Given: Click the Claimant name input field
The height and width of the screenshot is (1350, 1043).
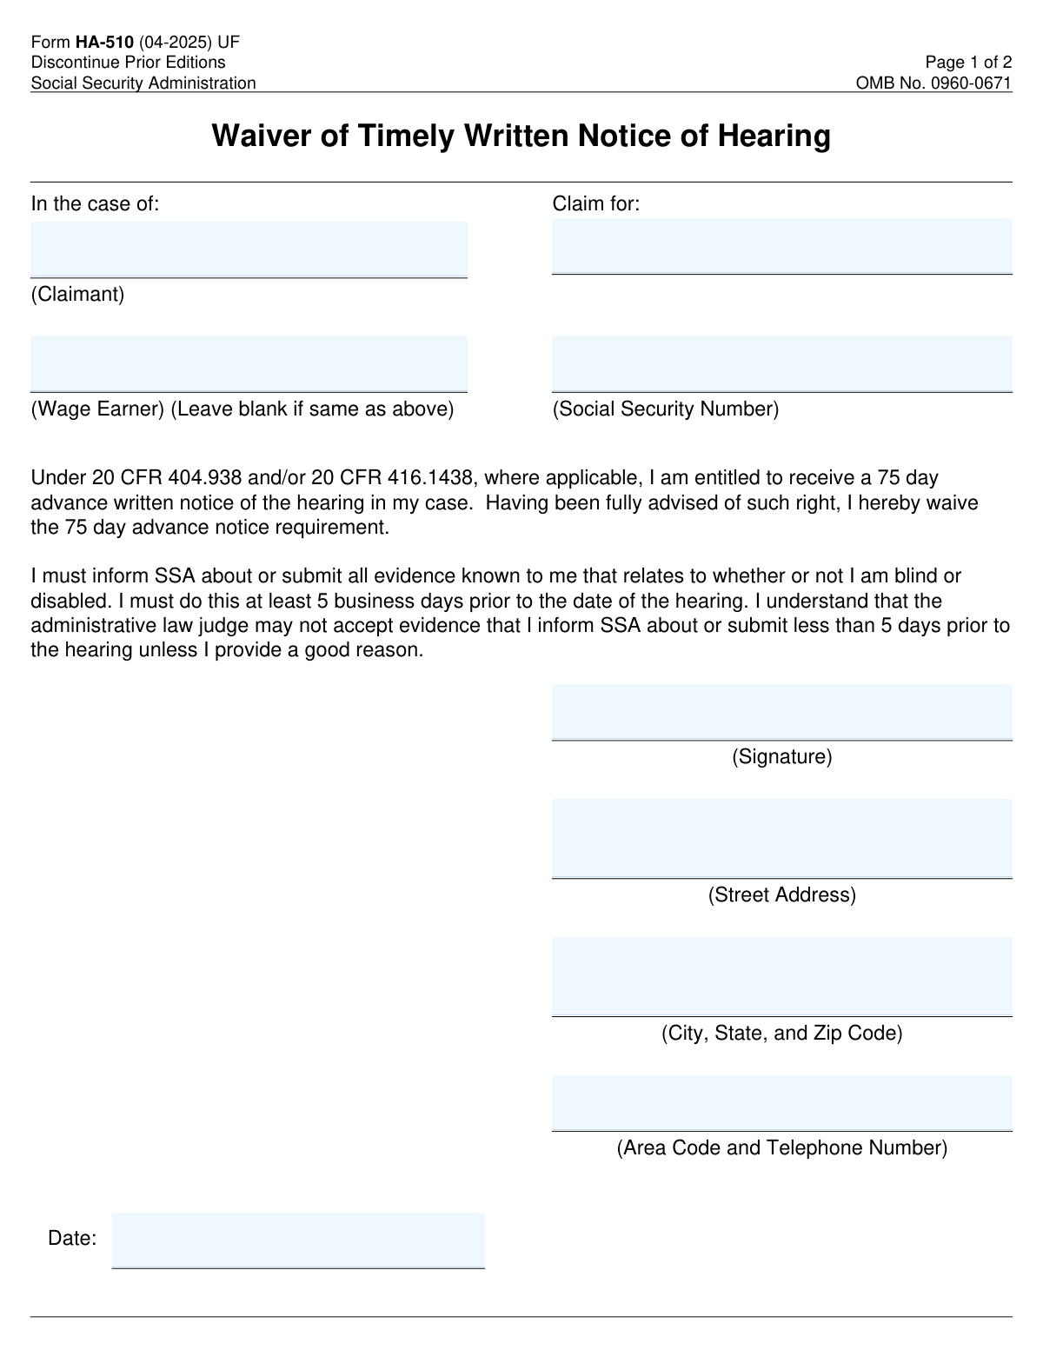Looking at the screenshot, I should pyautogui.click(x=249, y=249).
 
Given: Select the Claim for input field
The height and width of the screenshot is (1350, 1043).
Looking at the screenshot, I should pyautogui.click(x=781, y=246).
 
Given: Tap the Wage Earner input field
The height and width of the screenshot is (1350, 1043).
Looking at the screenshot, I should pyautogui.click(x=249, y=363).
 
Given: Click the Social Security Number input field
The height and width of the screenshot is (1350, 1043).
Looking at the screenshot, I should pyautogui.click(x=781, y=363).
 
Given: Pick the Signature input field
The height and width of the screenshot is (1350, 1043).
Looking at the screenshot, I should pyautogui.click(x=781, y=712).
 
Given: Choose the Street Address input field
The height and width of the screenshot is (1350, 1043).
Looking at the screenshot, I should pyautogui.click(x=781, y=838).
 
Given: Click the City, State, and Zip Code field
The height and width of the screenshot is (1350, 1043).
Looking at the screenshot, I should pyautogui.click(x=781, y=976).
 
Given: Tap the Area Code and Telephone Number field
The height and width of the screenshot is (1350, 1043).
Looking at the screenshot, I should pyautogui.click(x=781, y=1102).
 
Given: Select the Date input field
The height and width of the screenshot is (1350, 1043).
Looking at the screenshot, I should pyautogui.click(x=298, y=1240).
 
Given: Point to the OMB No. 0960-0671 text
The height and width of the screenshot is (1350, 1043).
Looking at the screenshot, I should pyautogui.click(x=933, y=83).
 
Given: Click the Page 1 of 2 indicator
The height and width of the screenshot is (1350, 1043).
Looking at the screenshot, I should pyautogui.click(x=968, y=63).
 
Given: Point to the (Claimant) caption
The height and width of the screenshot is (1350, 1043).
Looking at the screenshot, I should pyautogui.click(x=78, y=295).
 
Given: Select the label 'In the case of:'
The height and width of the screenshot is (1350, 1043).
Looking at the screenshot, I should pyautogui.click(x=96, y=204).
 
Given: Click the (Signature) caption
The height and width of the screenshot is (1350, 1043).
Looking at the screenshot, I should pyautogui.click(x=781, y=757).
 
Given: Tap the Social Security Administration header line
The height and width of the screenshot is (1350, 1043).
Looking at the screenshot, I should pyautogui.click(x=143, y=83).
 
